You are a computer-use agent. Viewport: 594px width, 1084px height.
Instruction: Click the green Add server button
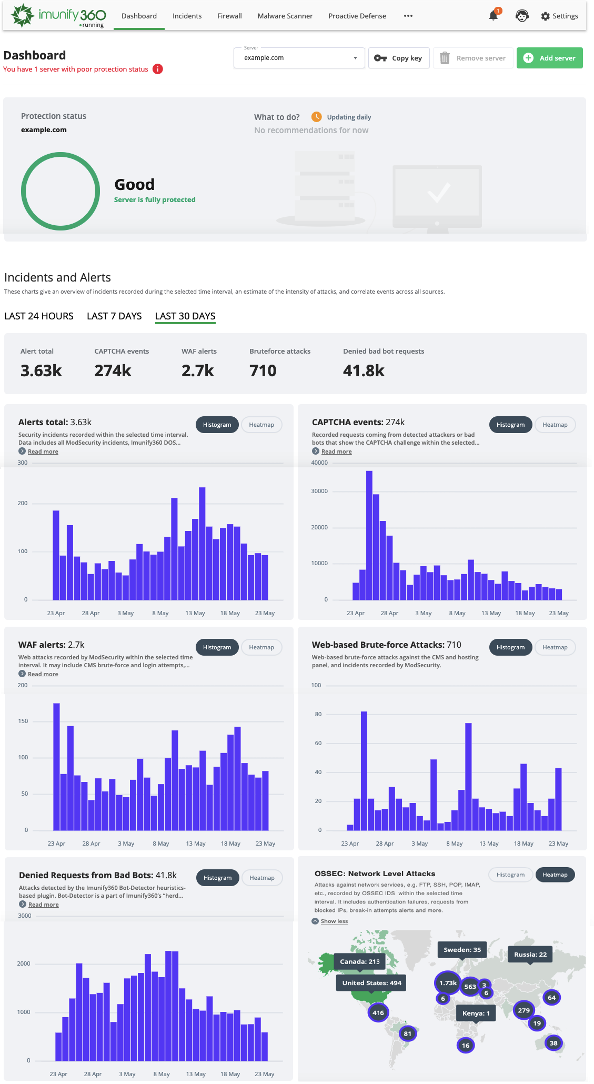pos(549,58)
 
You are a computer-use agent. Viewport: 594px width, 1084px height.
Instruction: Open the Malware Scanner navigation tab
pos(285,16)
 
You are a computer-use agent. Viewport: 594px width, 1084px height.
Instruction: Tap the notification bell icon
pos(493,16)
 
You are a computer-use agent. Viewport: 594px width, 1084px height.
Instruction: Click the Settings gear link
pos(559,16)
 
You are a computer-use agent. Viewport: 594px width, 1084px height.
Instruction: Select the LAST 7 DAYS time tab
pos(114,316)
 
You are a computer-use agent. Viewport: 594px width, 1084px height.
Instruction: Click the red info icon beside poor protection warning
pos(157,69)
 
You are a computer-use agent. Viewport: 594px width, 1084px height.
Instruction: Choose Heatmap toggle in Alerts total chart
pos(261,425)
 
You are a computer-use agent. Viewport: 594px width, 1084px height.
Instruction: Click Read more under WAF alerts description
pos(43,674)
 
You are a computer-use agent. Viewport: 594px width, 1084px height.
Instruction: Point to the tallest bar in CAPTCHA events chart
pos(369,534)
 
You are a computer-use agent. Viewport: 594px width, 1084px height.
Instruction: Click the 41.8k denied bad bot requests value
pos(364,370)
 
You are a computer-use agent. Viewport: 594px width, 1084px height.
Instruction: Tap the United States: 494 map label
pos(371,982)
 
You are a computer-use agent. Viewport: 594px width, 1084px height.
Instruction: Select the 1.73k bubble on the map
pos(448,982)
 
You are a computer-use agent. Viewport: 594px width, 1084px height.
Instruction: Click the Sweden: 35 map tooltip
pos(462,949)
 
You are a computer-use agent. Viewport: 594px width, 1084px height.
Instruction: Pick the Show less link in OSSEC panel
pos(334,921)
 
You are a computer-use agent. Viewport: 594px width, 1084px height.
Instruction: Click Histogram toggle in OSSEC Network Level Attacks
pos(510,875)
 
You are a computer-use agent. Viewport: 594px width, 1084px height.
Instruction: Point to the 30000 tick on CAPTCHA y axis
pos(319,491)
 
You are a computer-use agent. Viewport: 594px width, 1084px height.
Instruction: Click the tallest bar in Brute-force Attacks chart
pos(364,770)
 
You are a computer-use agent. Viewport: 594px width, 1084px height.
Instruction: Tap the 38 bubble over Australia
pos(553,1043)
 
